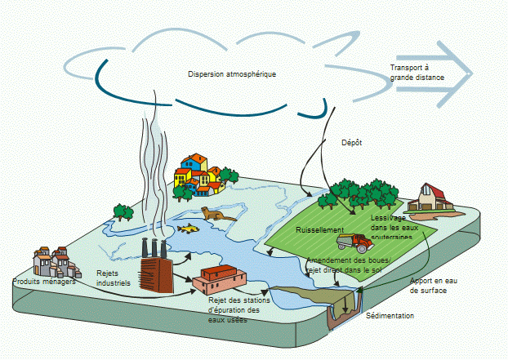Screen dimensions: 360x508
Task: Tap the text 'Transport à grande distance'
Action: tap(417, 73)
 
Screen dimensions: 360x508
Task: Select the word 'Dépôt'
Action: tap(351, 142)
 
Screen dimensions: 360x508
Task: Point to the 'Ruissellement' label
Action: tap(320, 230)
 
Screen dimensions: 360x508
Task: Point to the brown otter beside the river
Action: tap(217, 215)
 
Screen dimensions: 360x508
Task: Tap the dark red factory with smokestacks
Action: tap(157, 270)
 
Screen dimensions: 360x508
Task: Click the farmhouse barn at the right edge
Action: tap(430, 198)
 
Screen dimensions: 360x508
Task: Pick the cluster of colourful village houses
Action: tap(198, 175)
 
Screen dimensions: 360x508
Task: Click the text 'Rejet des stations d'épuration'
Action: tap(235, 309)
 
